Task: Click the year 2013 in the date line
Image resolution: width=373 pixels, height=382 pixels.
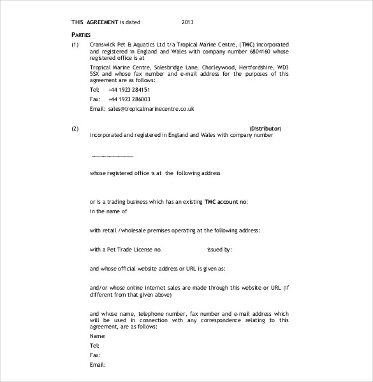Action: tap(187, 22)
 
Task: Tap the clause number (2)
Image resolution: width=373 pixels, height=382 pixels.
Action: tap(75, 129)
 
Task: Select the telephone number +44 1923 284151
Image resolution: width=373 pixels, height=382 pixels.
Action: tap(129, 90)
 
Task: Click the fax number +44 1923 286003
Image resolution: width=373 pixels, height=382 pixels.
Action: tap(129, 99)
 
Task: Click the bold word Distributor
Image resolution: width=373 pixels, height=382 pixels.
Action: tap(265, 129)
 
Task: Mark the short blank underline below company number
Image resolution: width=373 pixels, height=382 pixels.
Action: tap(112, 155)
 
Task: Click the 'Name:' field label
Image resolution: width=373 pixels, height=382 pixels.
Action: tap(98, 336)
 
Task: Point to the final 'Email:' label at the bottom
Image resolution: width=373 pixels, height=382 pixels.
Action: tap(98, 365)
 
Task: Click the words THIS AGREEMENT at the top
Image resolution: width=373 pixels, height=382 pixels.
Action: tap(95, 22)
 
